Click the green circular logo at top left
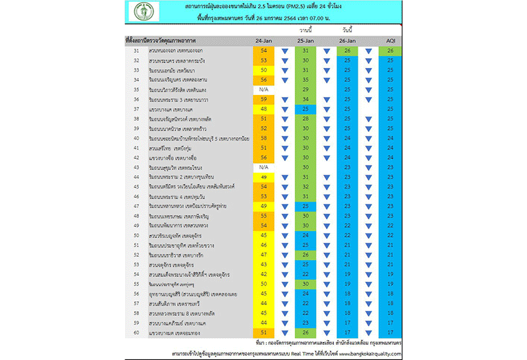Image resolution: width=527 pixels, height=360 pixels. (140, 13)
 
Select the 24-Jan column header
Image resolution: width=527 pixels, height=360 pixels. (263, 41)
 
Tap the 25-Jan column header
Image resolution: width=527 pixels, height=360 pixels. (305, 41)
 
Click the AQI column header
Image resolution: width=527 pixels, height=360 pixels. (390, 41)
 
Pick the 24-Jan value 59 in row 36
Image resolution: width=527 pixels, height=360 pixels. (263, 99)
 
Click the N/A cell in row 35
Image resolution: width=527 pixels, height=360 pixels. (263, 89)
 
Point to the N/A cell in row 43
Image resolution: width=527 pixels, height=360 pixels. (263, 167)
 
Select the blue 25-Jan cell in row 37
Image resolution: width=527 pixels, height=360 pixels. (305, 109)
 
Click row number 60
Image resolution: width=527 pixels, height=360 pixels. (136, 332)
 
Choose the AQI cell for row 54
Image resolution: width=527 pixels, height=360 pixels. (390, 274)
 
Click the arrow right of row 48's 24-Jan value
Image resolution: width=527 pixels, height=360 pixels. (285, 216)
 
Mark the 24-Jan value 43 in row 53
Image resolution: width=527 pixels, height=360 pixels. (263, 264)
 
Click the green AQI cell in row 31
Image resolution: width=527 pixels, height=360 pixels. (390, 51)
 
